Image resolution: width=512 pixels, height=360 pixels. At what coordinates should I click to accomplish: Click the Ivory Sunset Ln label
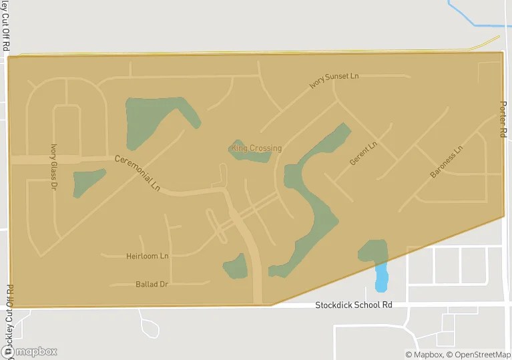[334, 80]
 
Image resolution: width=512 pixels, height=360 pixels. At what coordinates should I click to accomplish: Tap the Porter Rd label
[503, 120]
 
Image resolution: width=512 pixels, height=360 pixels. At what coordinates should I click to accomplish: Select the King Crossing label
[256, 148]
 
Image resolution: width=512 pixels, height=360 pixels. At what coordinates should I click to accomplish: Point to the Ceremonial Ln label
[138, 173]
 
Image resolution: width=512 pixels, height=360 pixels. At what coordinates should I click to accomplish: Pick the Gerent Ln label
[364, 153]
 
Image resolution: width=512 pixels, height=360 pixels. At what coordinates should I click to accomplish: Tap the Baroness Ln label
[446, 162]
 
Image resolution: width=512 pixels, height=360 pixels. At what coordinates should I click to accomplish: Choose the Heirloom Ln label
[148, 256]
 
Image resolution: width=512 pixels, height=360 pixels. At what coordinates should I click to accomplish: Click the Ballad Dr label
[152, 284]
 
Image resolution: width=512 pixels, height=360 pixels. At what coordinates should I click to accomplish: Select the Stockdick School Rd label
[353, 305]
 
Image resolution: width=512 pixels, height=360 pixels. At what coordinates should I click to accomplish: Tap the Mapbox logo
[29, 351]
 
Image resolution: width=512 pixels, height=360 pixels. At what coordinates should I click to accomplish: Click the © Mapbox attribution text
[424, 354]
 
